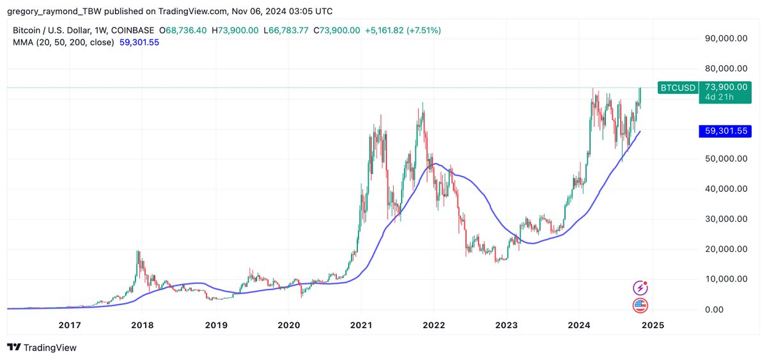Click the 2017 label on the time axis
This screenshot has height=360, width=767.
coord(70,325)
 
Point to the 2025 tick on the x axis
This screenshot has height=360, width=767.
coord(653,325)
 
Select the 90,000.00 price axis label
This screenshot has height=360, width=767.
coord(726,38)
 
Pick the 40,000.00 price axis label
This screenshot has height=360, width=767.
coord(726,189)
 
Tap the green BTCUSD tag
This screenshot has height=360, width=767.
coord(678,88)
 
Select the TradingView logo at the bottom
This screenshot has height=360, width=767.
coord(42,348)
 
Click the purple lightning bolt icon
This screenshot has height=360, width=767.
coord(640,288)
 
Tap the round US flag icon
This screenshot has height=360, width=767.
coord(640,305)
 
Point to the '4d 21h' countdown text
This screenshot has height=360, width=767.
coord(718,97)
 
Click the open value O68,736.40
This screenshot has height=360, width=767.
coord(183,30)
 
